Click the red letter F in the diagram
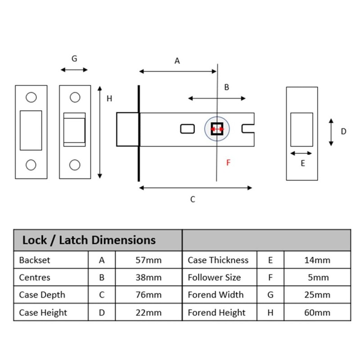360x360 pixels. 228,162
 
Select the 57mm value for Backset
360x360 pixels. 148,260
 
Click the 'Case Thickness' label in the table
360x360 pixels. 218,260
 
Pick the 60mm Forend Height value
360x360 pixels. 317,313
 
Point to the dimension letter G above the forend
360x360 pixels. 75,58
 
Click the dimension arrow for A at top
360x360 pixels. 178,71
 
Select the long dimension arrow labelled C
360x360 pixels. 195,188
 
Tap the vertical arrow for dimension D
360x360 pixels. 331,132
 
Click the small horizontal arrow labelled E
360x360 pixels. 301,153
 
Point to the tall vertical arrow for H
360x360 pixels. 100,132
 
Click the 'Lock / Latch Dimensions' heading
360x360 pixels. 89,240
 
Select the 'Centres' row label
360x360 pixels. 35,278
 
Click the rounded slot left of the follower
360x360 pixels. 187,129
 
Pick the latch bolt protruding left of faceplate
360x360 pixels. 127,129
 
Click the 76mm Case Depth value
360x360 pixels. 148,295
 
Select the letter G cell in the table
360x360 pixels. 270,295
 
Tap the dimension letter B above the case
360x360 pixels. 227,87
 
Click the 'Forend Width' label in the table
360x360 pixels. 216,295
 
